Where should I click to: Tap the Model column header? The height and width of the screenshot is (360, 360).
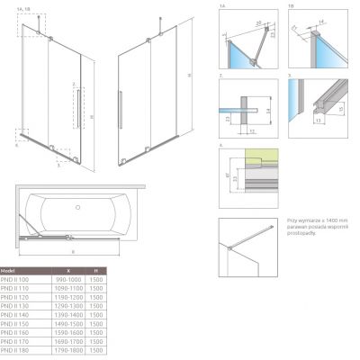pyautogui.click(x=10, y=270)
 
